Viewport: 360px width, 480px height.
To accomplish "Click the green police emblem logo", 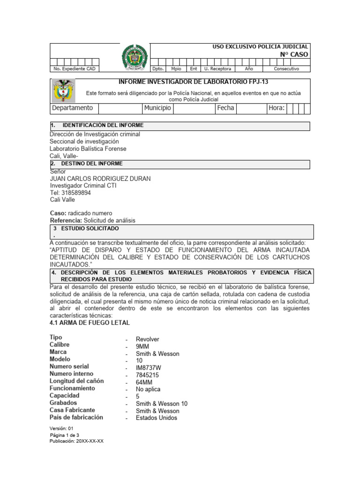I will (x=135, y=58).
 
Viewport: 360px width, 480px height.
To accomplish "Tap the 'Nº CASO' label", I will (x=294, y=54).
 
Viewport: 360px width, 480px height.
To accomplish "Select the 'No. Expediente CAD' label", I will (x=75, y=69).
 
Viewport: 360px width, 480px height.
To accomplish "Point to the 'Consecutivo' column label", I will (x=286, y=69).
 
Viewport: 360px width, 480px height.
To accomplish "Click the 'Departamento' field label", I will (x=72, y=108).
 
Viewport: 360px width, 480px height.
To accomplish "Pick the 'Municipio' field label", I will (x=157, y=108).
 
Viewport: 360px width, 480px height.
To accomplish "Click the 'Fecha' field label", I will (x=225, y=108).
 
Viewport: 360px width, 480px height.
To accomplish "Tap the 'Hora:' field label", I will (x=277, y=108).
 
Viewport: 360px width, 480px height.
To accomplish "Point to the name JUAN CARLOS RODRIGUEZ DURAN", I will (x=100, y=179).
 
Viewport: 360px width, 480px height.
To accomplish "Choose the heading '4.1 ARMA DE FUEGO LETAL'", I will (x=90, y=323).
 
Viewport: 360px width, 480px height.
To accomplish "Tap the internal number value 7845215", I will (x=148, y=375).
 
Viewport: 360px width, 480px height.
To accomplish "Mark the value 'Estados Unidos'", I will (x=157, y=418).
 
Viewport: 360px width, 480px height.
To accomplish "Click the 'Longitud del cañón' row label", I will (x=77, y=381).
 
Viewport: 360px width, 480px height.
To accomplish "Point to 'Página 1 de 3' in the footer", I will (x=65, y=435).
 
